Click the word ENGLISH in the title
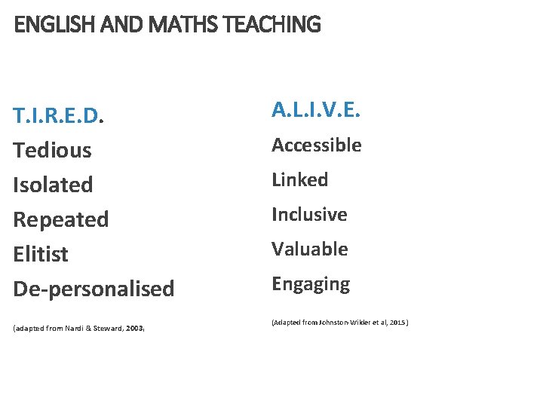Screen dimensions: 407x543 [x=48, y=25]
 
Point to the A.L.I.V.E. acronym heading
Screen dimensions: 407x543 [x=316, y=112]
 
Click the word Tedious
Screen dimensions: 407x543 [x=53, y=150]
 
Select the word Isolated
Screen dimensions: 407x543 [x=54, y=185]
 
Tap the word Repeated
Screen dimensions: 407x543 [x=61, y=219]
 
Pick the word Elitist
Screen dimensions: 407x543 [x=41, y=254]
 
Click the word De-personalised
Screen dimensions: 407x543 [x=94, y=289]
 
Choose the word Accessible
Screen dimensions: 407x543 [x=317, y=145]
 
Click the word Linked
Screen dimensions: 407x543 [x=300, y=180]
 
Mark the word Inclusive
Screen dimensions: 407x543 [x=309, y=215]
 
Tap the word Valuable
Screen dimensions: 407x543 [x=310, y=249]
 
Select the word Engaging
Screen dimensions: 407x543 [x=311, y=284]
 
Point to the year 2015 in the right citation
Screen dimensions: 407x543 [x=397, y=323]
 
